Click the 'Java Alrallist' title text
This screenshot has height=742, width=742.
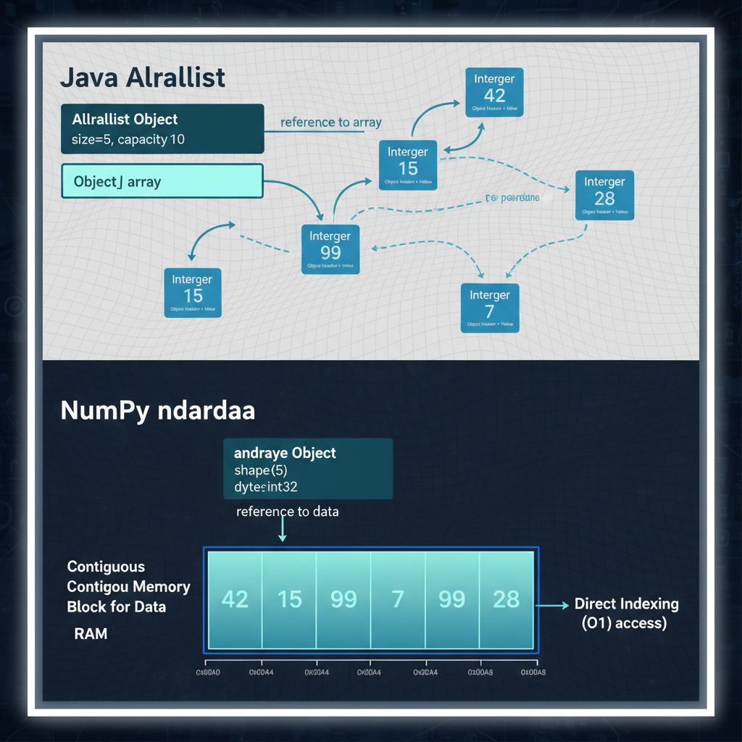143,77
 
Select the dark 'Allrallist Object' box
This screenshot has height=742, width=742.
162,129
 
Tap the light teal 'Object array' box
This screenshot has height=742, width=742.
162,181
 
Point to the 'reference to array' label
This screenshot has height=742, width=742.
330,122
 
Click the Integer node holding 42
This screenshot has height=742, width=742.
494,91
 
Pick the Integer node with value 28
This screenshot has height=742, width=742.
604,194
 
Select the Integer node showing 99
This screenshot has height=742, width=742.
330,249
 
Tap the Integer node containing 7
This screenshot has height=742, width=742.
490,307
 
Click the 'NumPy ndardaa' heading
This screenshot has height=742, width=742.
158,410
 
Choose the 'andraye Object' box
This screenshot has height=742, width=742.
308,469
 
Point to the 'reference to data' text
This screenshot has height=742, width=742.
288,512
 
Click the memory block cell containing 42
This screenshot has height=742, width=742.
235,599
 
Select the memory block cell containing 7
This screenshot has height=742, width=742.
398,599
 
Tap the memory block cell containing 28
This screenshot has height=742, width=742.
506,599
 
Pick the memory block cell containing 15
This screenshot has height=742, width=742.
289,599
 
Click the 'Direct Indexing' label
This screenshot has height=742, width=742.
626,604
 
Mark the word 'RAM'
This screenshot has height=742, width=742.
91,634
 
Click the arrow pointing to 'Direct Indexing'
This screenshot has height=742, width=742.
554,604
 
